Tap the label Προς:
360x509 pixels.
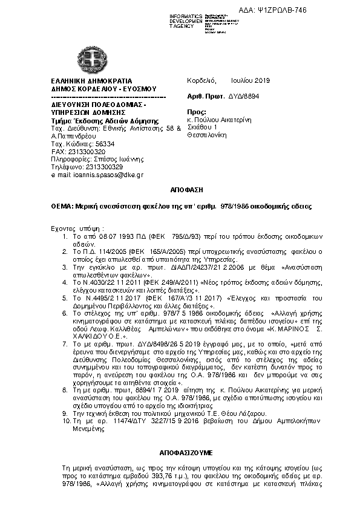point(197,112)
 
